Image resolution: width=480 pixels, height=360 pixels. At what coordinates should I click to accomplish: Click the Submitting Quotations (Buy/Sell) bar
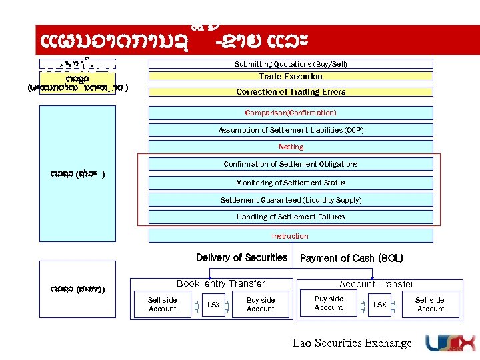(291, 64)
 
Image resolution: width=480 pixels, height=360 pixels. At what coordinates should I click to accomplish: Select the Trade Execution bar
(291, 77)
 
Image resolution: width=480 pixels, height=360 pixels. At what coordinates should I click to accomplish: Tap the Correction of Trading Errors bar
(291, 91)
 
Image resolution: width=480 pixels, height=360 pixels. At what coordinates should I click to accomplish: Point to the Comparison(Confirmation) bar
(291, 113)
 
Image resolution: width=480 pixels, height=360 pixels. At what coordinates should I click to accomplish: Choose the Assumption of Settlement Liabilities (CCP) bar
(291, 130)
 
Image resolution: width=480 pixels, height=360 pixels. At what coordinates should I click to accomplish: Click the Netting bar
(291, 147)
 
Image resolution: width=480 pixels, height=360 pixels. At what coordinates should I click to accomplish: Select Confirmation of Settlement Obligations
(291, 164)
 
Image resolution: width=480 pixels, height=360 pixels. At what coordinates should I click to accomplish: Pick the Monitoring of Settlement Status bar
(291, 183)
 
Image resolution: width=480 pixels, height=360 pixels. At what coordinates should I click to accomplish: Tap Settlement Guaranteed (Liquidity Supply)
(291, 200)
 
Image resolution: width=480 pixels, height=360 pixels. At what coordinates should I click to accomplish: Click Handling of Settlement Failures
(291, 217)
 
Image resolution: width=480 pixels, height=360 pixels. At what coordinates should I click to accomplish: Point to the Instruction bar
(291, 236)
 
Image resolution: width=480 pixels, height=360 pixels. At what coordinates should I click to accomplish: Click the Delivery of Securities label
(242, 258)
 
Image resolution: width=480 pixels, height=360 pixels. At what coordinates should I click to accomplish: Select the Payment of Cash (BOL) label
(352, 259)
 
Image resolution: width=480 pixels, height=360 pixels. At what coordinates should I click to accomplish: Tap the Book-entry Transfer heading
(221, 283)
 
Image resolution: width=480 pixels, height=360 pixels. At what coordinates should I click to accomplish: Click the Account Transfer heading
(377, 284)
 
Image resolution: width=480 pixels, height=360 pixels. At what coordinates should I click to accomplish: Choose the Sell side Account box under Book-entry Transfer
(163, 305)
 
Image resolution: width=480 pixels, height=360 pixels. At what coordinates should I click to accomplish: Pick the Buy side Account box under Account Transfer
(329, 303)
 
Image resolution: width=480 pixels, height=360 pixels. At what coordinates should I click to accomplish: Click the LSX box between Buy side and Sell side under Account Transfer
(379, 305)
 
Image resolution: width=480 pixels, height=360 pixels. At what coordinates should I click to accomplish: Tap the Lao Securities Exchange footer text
(353, 343)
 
